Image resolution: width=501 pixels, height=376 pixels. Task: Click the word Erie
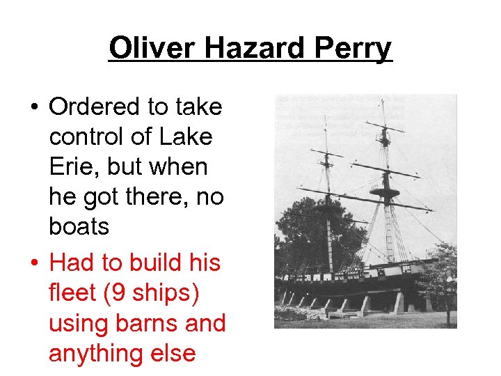point(71,167)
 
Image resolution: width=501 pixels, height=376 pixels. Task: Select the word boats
point(79,227)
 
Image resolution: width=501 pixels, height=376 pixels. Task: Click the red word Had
point(72,263)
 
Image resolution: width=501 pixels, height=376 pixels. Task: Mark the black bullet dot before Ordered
point(33,108)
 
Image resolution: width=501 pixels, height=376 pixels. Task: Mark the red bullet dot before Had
point(33,263)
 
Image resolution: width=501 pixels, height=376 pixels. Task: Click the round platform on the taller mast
point(384,192)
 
